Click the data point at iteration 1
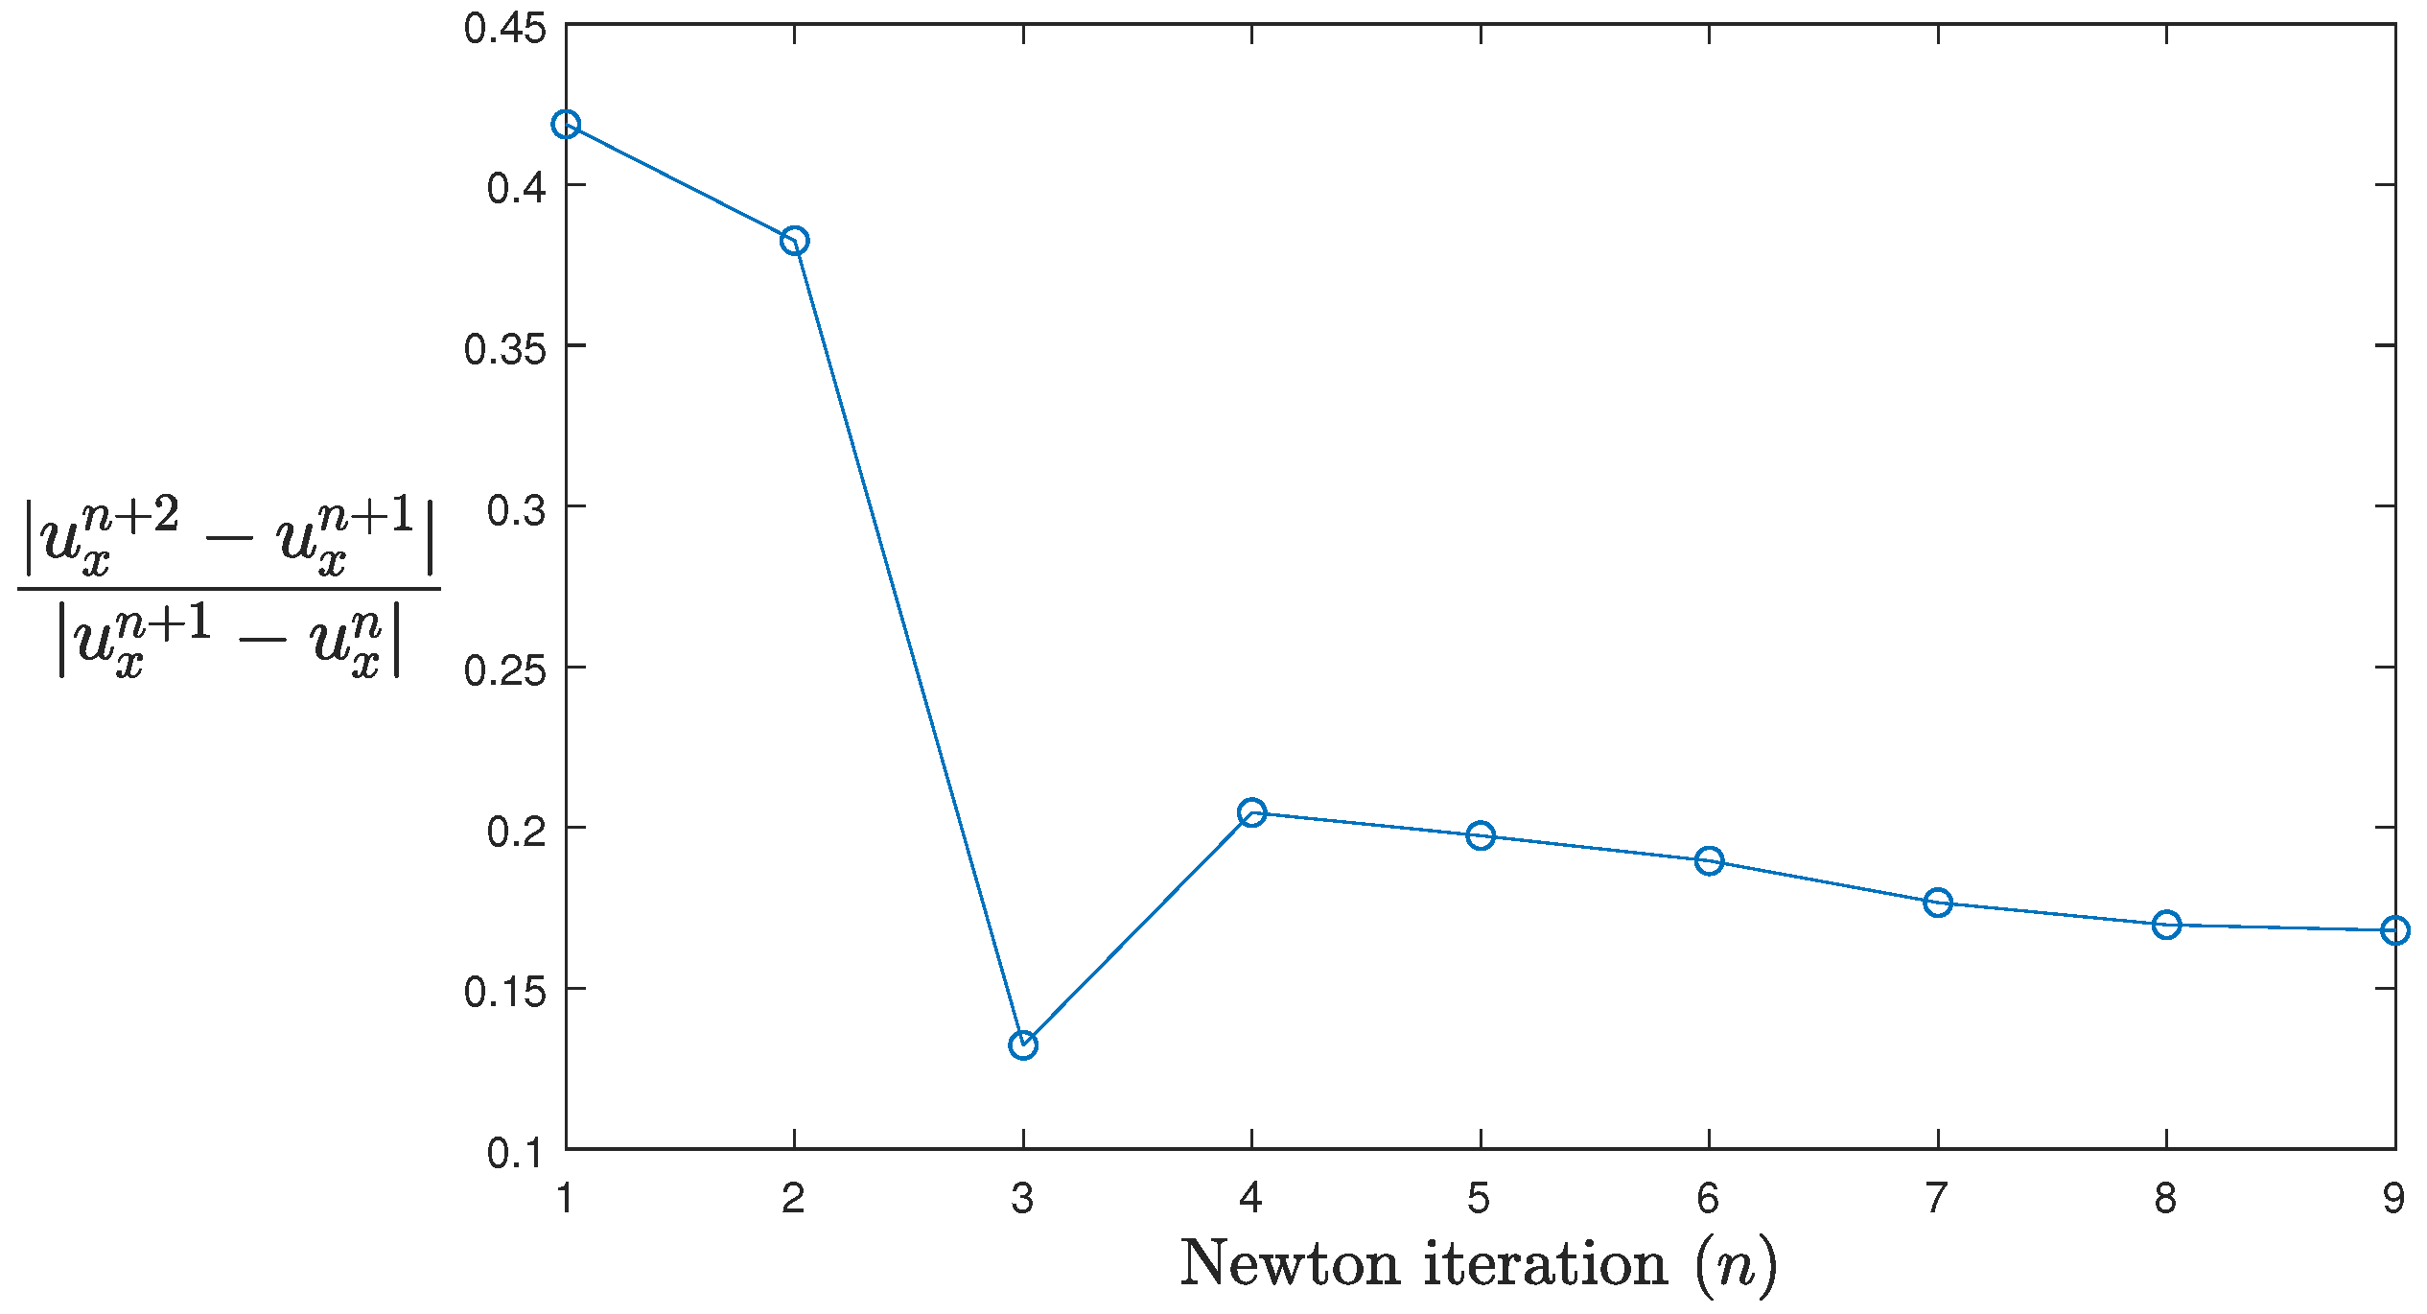(x=566, y=124)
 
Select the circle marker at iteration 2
(x=794, y=241)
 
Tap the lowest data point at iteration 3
(x=1023, y=1045)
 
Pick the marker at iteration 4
(x=1251, y=813)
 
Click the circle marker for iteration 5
(x=1481, y=835)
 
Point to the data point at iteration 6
(x=1709, y=860)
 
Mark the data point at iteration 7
(x=1938, y=903)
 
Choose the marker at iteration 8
(x=2166, y=925)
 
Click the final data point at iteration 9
(x=2394, y=930)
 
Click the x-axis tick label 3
(x=1022, y=1199)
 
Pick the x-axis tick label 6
(x=1708, y=1199)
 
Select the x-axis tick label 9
(x=2393, y=1199)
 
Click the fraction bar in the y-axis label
(x=228, y=589)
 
